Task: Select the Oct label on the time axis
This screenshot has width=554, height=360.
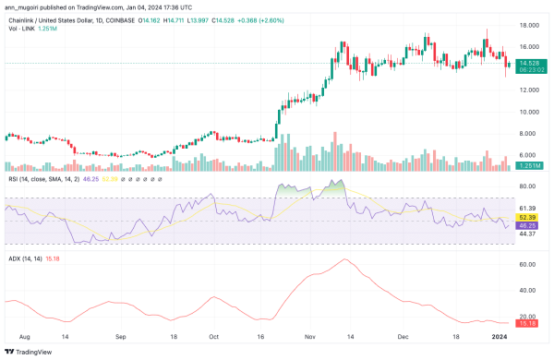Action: tap(213, 339)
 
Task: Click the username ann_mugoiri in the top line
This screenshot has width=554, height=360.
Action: tap(25, 5)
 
